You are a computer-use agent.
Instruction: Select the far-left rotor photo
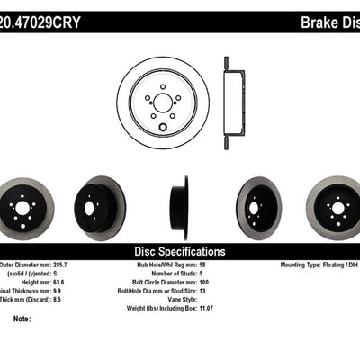coord(24,208)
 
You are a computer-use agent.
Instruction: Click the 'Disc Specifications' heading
coord(179,251)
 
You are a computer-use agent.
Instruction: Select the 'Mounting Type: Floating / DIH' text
coord(314,265)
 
